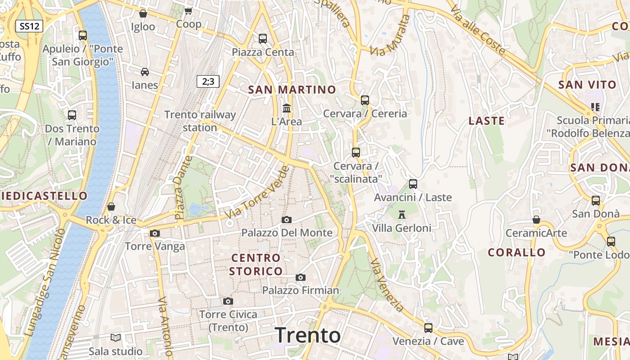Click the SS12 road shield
29,26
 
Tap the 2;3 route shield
208,81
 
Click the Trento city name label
308,335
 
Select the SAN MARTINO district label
292,90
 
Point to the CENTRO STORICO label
256,265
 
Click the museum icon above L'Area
287,108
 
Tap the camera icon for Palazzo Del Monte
287,220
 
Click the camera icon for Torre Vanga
155,233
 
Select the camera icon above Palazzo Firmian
301,277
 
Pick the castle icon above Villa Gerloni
402,215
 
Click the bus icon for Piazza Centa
263,39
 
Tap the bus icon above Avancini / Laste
413,184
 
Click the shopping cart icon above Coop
189,11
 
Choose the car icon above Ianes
145,72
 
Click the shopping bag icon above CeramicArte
536,220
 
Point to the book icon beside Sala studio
116,337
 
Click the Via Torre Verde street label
257,193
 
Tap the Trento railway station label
200,121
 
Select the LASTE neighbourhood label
486,121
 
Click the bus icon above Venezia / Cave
428,328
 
